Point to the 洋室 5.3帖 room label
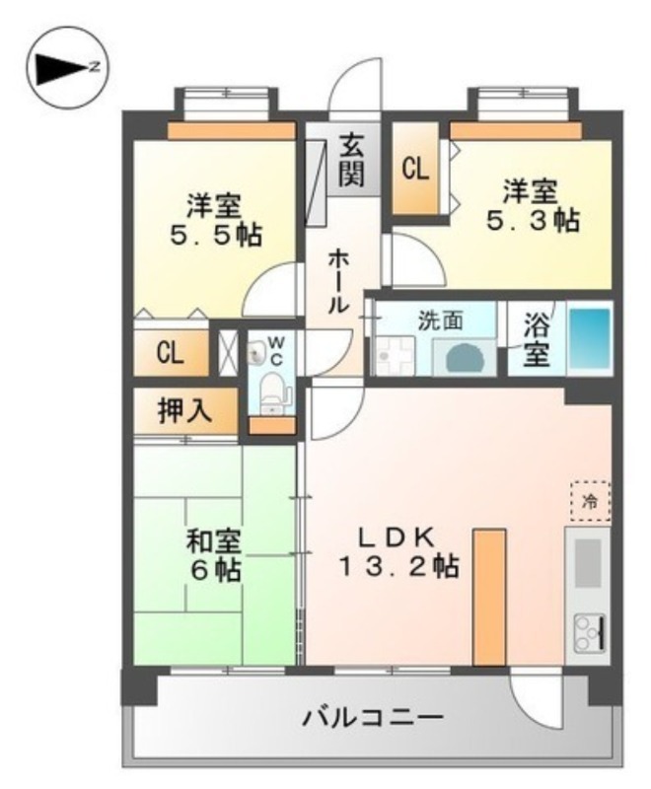tap(531, 205)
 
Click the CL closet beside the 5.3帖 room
tap(415, 169)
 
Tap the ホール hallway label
tap(336, 281)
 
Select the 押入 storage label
tap(184, 411)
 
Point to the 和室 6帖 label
tap(213, 556)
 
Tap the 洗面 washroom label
tap(439, 320)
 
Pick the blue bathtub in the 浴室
tap(590, 338)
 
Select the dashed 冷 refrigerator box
tap(590, 501)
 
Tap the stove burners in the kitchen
tap(587, 632)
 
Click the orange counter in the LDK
tap(489, 597)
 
